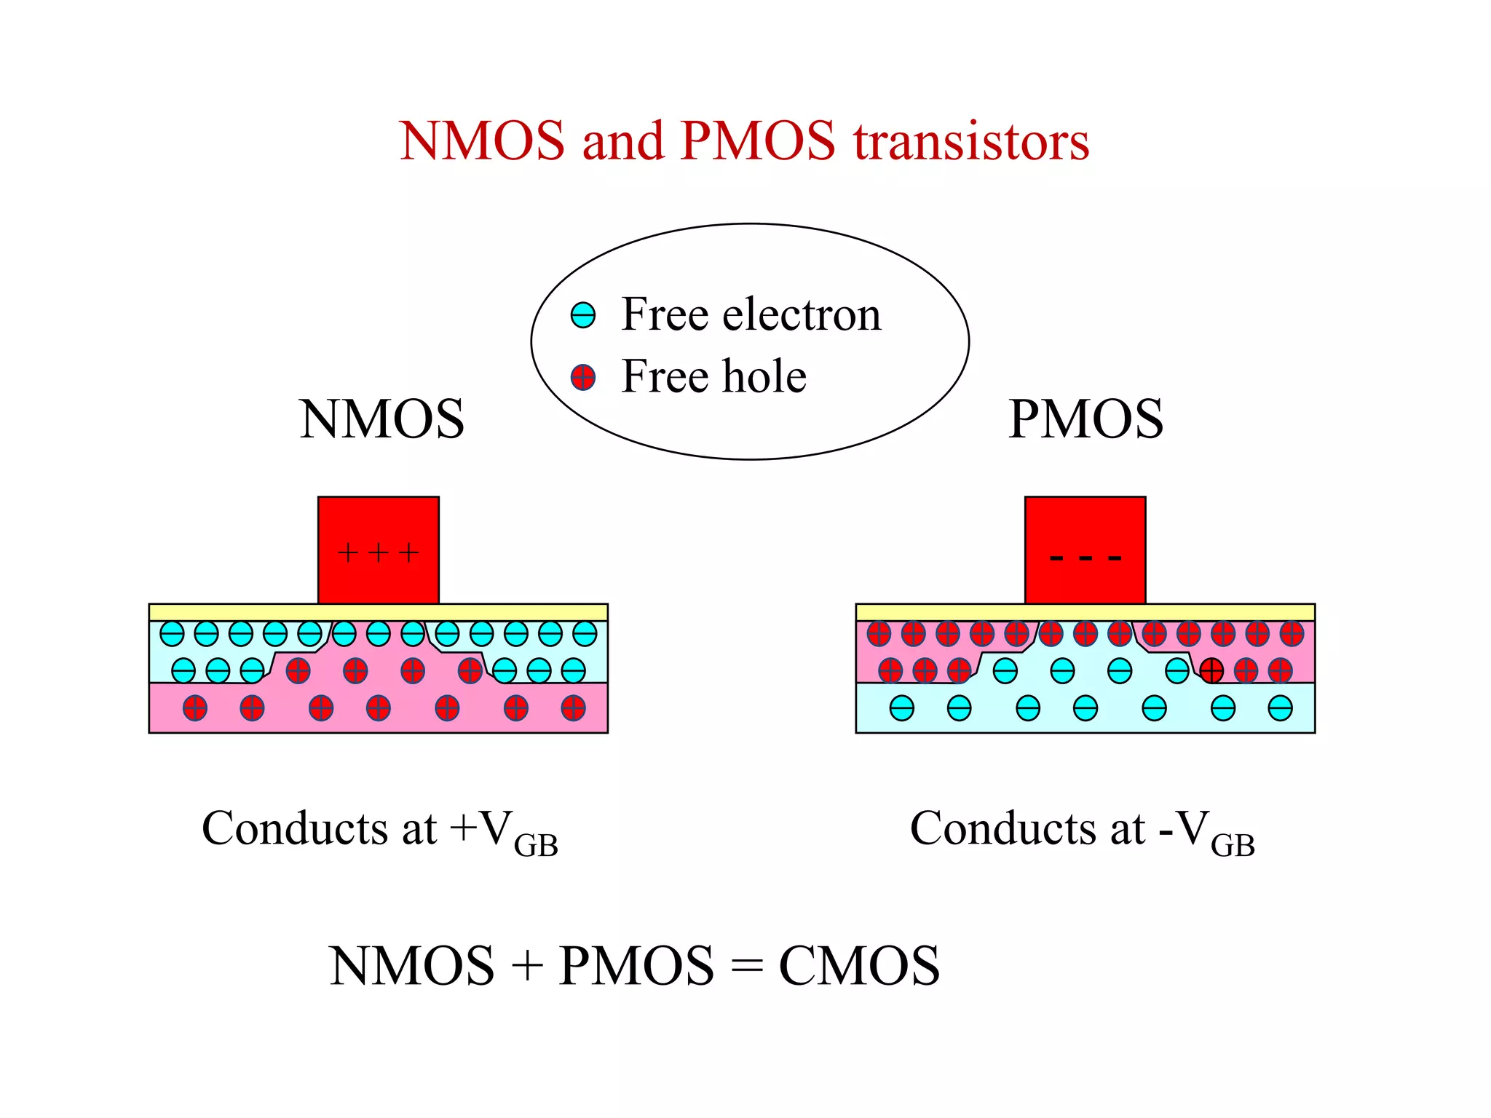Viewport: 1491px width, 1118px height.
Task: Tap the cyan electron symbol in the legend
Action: pos(583,315)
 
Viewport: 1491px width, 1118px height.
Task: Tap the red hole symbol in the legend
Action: pos(583,378)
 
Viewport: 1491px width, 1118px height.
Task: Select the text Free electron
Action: pos(751,314)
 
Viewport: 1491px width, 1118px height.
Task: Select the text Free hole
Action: pos(713,376)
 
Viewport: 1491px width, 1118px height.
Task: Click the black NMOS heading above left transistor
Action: pos(381,419)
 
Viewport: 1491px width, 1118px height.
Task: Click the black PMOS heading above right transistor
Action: pos(1085,419)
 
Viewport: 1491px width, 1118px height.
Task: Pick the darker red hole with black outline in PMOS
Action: pos(1211,670)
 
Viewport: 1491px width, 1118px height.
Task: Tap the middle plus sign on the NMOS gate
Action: pos(379,553)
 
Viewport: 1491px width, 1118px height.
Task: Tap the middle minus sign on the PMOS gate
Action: pos(1085,559)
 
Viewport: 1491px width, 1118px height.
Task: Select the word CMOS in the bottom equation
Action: pos(859,966)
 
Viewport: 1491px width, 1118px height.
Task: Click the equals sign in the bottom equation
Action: pos(747,967)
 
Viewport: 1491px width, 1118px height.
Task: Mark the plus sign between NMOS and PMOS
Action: pos(527,967)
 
